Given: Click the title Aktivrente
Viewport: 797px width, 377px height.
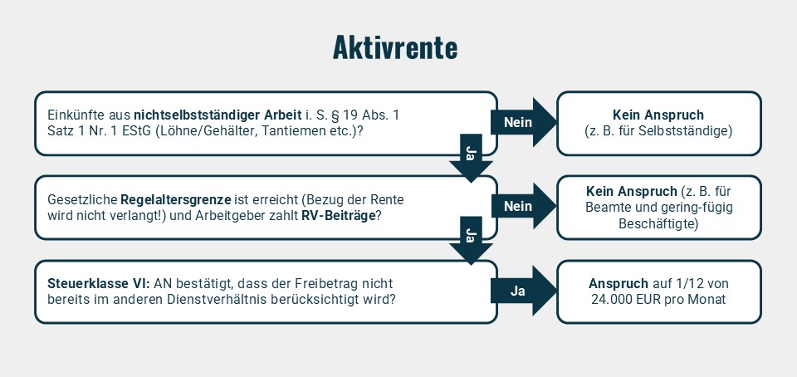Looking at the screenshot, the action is [x=395, y=48].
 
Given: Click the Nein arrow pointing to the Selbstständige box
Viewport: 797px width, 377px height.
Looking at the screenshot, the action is [x=524, y=122].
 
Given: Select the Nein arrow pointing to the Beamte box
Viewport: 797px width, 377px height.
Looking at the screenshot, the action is [x=524, y=206].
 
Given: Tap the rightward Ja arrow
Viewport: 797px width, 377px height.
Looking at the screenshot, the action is [x=524, y=291].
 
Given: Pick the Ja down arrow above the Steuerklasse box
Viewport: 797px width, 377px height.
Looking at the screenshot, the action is [x=471, y=240].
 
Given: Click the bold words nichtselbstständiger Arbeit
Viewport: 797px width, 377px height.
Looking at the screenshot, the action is [x=214, y=115].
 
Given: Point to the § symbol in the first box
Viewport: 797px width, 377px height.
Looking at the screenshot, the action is [x=335, y=116].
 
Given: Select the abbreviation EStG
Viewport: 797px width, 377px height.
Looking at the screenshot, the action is [x=136, y=130].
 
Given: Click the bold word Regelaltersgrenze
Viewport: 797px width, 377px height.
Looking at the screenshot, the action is [x=176, y=199].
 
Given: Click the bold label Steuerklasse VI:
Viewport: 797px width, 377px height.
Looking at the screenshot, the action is [x=99, y=283].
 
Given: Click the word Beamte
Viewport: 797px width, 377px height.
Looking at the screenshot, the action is [x=606, y=208].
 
